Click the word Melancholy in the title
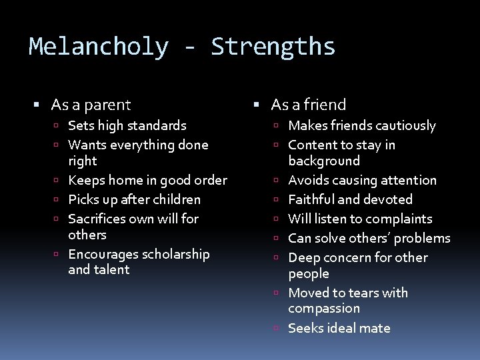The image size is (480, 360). [x=98, y=47]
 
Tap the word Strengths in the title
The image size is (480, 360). [x=273, y=47]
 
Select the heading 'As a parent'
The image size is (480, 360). [x=91, y=105]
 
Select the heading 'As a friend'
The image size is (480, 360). [x=309, y=105]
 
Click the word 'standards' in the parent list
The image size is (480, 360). [x=156, y=125]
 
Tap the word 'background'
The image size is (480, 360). [x=324, y=161]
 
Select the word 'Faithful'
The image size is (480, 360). [x=313, y=199]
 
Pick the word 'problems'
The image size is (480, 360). [x=421, y=238]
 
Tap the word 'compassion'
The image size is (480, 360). [x=324, y=309]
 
